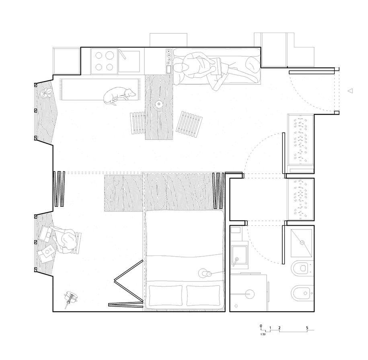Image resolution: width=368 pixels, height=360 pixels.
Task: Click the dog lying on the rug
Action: pos(119,95)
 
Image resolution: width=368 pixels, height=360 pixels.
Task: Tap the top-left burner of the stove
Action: pos(99,56)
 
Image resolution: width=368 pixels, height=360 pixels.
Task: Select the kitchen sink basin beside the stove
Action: pos(129,62)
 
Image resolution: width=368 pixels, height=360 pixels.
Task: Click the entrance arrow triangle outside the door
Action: pos(350,91)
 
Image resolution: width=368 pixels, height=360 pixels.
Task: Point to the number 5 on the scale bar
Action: pos(307,328)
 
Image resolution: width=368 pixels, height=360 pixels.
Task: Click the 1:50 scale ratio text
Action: pos(263,334)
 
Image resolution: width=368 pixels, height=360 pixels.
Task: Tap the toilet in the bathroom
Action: pos(302,267)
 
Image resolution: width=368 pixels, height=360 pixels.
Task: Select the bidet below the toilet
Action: pos(302,293)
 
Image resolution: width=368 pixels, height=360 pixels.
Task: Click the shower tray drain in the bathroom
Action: pos(302,243)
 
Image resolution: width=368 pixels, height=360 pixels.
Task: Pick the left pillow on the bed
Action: pos(165,296)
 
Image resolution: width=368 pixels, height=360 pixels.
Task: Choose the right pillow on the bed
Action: pos(204,296)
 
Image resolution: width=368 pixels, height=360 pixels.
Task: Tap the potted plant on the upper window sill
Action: pos(47,93)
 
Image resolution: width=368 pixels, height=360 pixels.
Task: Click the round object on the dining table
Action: pos(159,103)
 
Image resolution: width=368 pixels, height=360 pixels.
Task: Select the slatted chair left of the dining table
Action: pos(138,123)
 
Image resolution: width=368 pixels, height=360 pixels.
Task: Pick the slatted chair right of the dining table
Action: pos(189,124)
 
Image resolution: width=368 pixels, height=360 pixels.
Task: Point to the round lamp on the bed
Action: pos(203,273)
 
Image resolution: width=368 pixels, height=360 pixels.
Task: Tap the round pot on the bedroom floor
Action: pos(71,296)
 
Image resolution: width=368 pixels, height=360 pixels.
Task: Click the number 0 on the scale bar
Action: pos(261,326)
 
